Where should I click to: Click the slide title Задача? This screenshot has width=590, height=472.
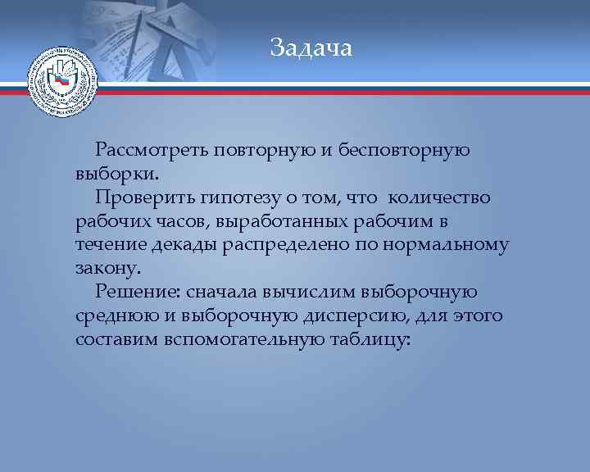click(311, 48)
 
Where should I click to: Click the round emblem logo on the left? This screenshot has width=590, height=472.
click(62, 84)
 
